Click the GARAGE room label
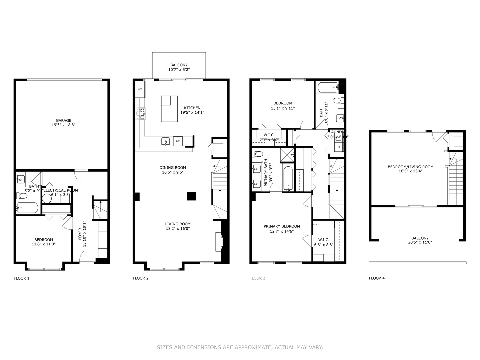(x=63, y=121)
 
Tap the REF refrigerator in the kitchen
(x=140, y=89)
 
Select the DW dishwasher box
(x=178, y=141)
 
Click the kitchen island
(x=169, y=109)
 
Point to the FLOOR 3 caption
(x=257, y=278)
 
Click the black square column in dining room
(x=191, y=196)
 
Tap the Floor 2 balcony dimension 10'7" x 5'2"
(x=179, y=70)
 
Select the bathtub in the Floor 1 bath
(x=27, y=208)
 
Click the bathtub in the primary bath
(x=288, y=179)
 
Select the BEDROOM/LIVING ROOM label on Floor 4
(x=410, y=167)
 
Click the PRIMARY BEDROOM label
(x=282, y=226)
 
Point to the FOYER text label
(x=80, y=234)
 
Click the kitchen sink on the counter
(x=166, y=141)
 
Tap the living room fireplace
(x=218, y=242)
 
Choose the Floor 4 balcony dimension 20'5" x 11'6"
(x=420, y=242)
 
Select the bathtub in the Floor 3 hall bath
(x=328, y=88)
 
